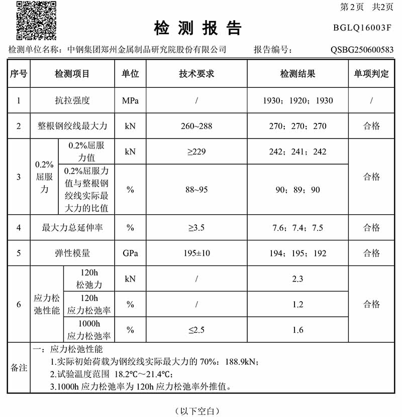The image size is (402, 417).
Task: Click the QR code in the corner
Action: (37, 21)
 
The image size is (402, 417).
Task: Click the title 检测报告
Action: (198, 28)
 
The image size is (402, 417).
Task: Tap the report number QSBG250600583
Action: (362, 50)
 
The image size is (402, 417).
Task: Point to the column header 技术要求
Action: (196, 74)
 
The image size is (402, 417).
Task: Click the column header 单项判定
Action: (371, 74)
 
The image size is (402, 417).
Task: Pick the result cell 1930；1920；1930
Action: (297, 100)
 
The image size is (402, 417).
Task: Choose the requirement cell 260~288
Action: (196, 126)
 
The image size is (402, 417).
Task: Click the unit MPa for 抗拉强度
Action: (130, 100)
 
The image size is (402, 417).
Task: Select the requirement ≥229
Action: (196, 152)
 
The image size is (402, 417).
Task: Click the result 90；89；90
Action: (297, 190)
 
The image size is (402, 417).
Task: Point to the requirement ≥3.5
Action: (196, 228)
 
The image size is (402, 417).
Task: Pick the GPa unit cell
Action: (130, 253)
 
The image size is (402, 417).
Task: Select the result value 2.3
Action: (297, 279)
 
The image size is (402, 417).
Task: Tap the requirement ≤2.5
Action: (196, 330)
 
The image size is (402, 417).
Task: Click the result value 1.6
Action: (297, 330)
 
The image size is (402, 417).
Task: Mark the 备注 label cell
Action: (19, 368)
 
